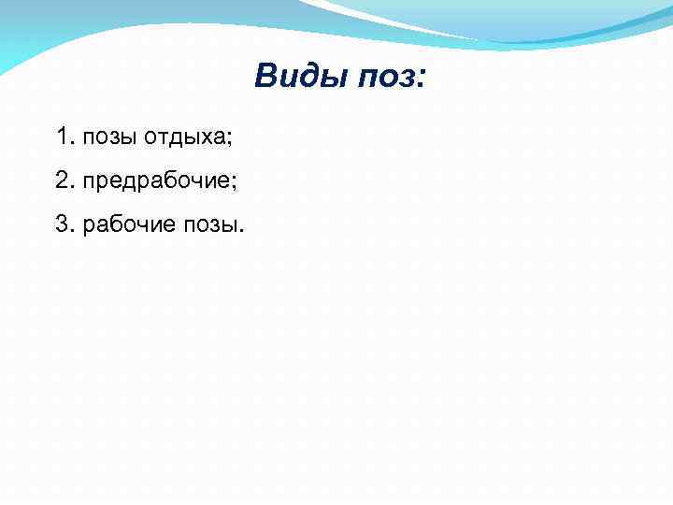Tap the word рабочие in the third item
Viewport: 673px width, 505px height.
tap(123, 224)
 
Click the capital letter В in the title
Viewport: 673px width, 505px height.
tap(265, 76)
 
